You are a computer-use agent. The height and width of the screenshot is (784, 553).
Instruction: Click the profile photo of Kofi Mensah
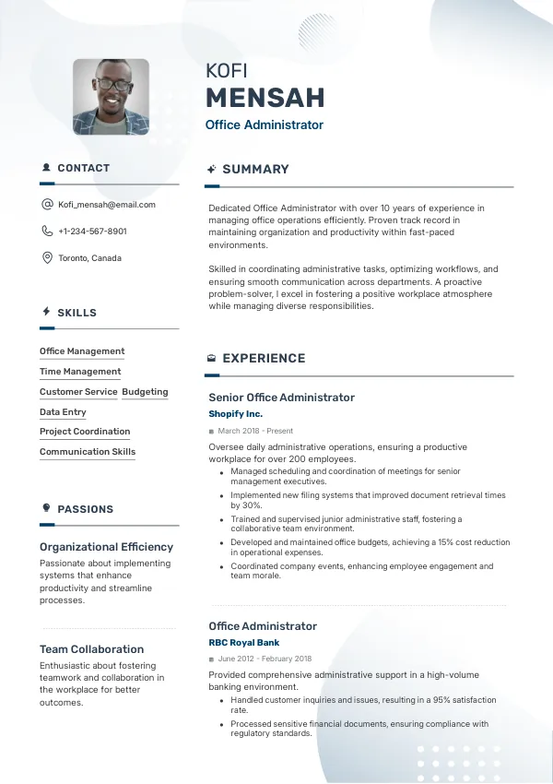(x=111, y=97)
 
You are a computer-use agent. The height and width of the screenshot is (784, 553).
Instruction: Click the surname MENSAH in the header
(x=265, y=98)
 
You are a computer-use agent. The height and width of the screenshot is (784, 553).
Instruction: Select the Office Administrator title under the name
(x=265, y=125)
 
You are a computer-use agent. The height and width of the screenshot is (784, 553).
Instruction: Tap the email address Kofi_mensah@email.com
(x=107, y=205)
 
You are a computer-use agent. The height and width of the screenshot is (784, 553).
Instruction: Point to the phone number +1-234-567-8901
(x=92, y=232)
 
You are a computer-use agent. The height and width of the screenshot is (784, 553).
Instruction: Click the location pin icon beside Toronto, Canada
(x=47, y=258)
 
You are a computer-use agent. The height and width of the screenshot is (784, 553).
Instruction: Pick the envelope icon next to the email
(x=47, y=205)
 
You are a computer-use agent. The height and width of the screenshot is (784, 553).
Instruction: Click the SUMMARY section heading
(x=255, y=170)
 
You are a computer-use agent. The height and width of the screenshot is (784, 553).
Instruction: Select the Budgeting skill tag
(x=145, y=392)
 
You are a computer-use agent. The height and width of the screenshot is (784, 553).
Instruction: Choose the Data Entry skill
(x=63, y=412)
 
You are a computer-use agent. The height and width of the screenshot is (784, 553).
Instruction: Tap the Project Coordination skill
(x=85, y=432)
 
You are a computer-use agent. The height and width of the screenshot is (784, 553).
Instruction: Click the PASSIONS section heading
(x=85, y=509)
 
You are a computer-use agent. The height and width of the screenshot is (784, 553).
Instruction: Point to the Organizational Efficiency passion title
(x=106, y=547)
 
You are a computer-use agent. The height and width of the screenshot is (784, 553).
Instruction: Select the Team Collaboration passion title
(x=91, y=649)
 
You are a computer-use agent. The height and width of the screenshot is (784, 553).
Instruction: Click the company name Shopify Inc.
(x=235, y=415)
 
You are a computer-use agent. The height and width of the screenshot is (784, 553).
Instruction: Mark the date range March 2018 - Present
(x=255, y=431)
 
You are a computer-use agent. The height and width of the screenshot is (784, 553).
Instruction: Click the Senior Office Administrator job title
(x=281, y=398)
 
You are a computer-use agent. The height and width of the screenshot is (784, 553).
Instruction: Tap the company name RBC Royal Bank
(x=243, y=643)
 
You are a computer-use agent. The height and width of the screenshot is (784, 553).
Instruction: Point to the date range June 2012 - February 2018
(x=265, y=659)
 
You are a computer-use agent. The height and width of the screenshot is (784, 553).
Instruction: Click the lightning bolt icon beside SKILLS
(x=46, y=313)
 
